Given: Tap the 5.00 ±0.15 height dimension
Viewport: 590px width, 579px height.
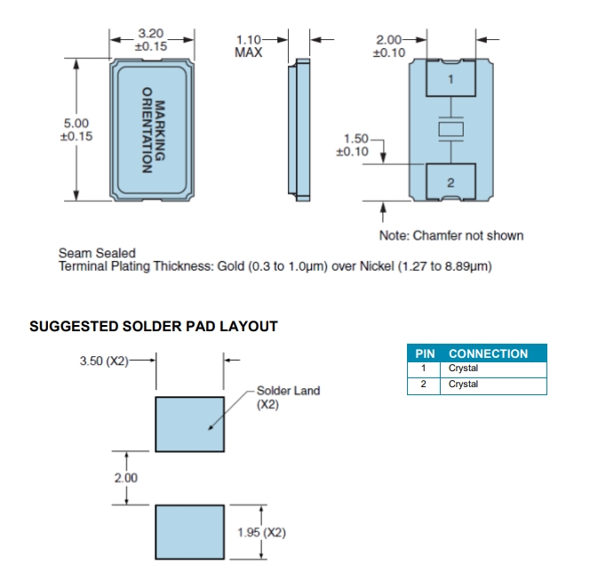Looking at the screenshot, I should point(76,130).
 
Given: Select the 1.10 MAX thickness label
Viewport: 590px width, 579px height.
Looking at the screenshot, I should point(250,45).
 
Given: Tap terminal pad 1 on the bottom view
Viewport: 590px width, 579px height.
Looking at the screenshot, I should point(450,80).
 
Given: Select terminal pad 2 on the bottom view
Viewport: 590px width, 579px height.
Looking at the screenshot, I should point(450,182).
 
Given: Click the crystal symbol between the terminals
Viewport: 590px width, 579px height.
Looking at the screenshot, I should point(450,131).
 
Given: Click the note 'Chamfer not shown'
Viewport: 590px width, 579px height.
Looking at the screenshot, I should point(451,235).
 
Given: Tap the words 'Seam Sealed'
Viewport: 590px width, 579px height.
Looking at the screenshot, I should point(97,253).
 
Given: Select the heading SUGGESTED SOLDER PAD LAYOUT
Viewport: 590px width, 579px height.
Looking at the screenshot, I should point(154,327).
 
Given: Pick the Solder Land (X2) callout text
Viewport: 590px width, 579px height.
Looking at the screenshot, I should point(288,396).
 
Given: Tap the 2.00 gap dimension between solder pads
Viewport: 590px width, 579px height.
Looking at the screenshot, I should point(126,478).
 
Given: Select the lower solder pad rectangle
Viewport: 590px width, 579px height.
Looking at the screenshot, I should point(189,532).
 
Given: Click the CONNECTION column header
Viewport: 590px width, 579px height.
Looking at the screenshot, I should point(488,353).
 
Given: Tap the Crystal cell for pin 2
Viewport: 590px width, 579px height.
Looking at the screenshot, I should point(463,385).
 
